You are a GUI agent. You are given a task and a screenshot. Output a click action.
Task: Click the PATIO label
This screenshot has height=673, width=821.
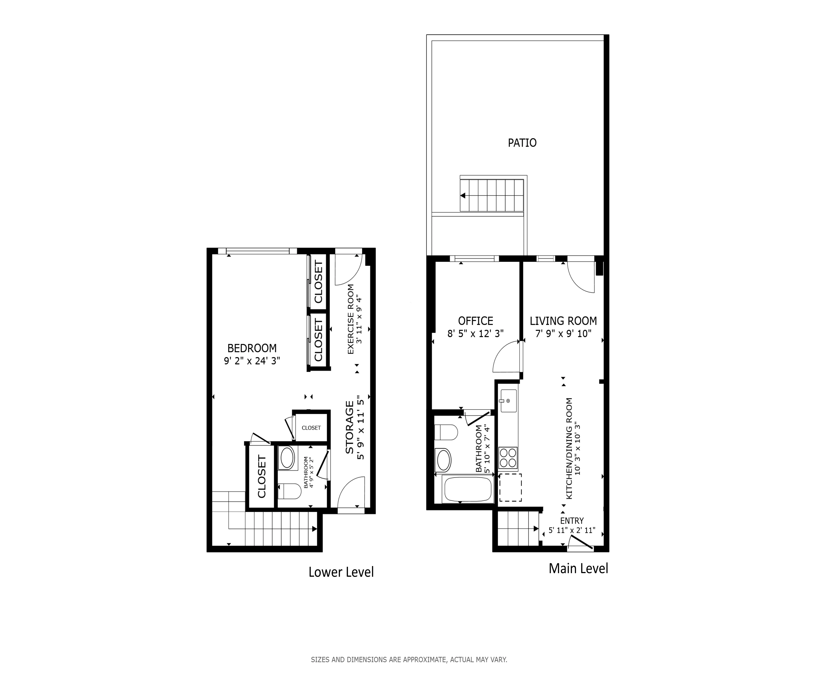click(x=522, y=143)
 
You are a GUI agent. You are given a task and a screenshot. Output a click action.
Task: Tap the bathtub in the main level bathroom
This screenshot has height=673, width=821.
click(x=468, y=489)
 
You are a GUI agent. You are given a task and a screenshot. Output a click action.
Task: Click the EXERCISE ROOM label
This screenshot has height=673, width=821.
click(x=351, y=319)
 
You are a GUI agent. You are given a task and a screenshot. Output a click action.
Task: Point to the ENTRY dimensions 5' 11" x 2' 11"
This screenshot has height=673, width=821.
click(x=571, y=530)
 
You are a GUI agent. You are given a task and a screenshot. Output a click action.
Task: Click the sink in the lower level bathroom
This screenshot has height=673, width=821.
click(x=287, y=458)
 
